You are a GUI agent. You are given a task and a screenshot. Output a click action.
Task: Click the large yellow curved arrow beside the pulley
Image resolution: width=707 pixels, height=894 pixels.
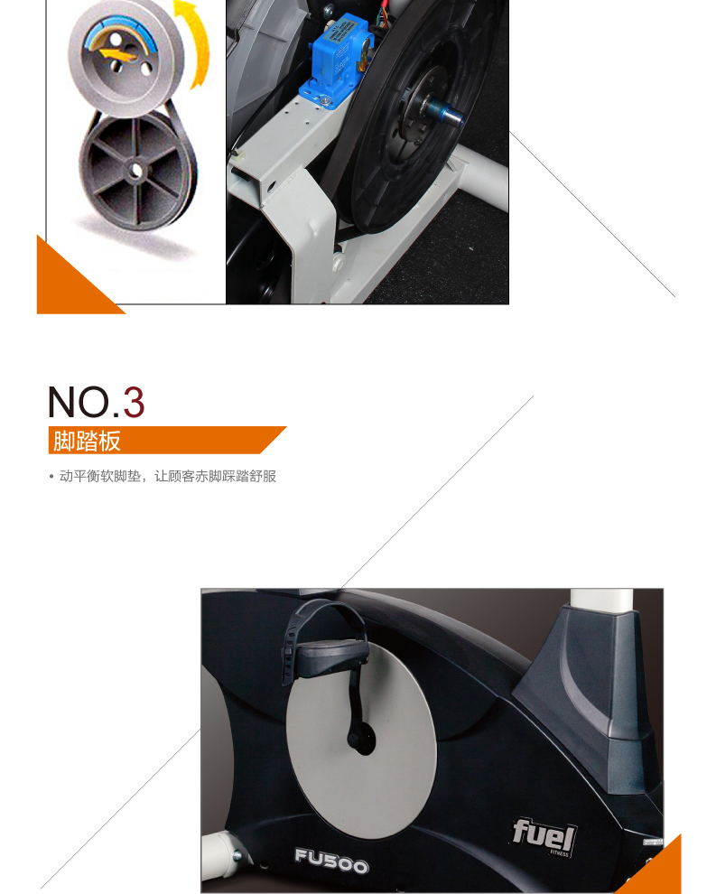193,42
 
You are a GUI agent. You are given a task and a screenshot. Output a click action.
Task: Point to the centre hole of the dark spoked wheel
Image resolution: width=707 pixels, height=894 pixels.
135,171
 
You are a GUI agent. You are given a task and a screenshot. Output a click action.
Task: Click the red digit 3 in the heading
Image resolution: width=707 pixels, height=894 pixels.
134,402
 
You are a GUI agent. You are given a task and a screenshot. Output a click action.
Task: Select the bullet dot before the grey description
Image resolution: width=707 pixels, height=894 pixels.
51,476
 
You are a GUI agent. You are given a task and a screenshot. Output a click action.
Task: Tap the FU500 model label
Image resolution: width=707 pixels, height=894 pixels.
331,861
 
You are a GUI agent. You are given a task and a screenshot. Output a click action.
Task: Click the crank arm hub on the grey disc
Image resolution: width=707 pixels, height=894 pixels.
361,739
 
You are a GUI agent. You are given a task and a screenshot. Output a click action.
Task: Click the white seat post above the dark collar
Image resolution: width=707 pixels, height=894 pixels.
600,601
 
